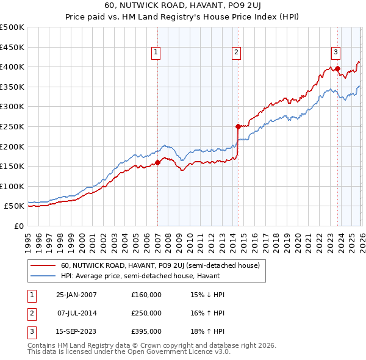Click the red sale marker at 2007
(157, 162)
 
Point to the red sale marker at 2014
(238, 126)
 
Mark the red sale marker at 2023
(337, 69)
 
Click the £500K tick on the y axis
(12, 27)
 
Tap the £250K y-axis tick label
(12, 126)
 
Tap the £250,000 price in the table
(146, 313)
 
